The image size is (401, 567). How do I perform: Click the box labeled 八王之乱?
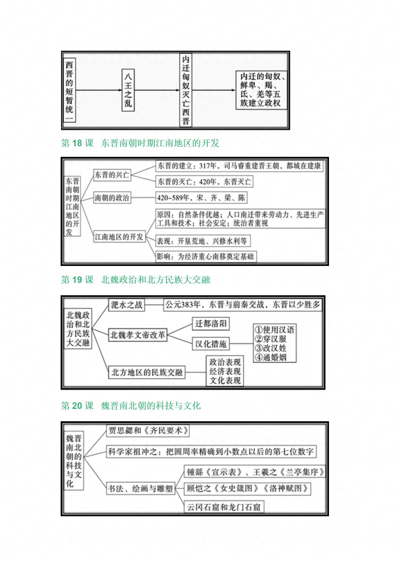pos(128,90)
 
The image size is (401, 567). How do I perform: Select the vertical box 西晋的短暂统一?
pos(69,90)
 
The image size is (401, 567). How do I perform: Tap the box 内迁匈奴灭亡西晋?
pos(186,90)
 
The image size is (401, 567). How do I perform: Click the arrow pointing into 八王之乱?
pos(99,90)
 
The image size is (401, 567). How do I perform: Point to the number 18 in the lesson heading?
pos(77,143)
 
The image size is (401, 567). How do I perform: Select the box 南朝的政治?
pos(112,198)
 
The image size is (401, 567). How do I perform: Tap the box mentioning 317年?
pos(239,166)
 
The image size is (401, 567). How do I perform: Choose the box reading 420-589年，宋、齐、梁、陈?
pos(201,198)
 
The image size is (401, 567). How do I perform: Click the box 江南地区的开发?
pos(120,237)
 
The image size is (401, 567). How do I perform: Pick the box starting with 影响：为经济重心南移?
pos(206,257)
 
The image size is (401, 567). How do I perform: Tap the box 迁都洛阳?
pos(211,324)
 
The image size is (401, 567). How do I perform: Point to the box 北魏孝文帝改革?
pos(138,335)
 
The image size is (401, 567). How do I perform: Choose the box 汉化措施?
pos(211,344)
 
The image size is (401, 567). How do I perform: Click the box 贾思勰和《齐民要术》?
pos(148,431)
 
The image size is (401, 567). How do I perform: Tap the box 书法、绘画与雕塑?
pos(141,489)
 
